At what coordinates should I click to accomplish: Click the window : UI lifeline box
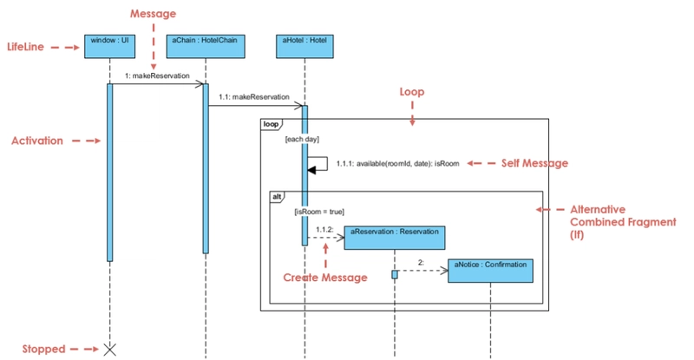(x=109, y=45)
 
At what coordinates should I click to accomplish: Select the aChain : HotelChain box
(x=205, y=45)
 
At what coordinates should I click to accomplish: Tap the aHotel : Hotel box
(x=304, y=45)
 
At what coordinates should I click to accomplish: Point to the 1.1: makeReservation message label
(x=254, y=98)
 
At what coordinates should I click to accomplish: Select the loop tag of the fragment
(x=272, y=124)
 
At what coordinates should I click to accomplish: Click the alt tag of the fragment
(x=278, y=197)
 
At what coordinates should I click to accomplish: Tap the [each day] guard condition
(x=303, y=139)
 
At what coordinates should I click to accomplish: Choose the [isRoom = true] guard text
(x=319, y=211)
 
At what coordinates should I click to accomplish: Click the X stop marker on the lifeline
(x=110, y=350)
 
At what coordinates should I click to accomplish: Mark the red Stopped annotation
(x=44, y=350)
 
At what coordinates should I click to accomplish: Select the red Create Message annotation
(x=325, y=278)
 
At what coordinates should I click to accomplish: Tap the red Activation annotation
(x=37, y=141)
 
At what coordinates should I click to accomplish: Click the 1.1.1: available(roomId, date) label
(x=397, y=163)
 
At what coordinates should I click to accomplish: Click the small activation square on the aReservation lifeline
(x=395, y=274)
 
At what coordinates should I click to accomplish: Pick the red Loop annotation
(x=412, y=91)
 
